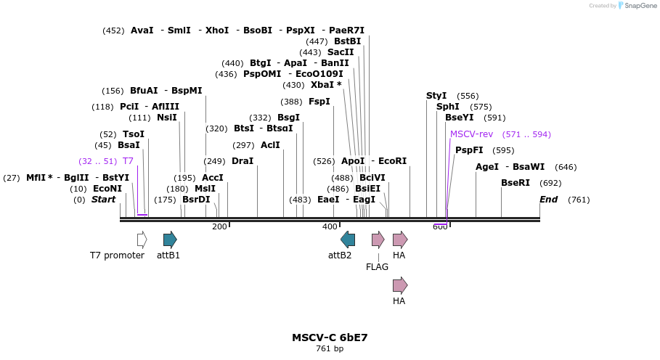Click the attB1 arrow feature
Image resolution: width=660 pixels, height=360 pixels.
point(170,240)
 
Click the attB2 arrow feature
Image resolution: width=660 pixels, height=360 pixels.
point(348,240)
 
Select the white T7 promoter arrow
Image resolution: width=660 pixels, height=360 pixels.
point(142,240)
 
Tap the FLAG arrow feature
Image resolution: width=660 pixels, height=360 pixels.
point(378,240)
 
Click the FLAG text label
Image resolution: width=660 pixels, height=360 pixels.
point(377,267)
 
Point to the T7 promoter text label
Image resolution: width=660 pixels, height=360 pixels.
point(117,255)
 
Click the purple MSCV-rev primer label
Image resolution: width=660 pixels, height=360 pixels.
point(471,134)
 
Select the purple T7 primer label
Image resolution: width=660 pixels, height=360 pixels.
point(128,161)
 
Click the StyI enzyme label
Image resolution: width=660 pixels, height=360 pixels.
point(436,96)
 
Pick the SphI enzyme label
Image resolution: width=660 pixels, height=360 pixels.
point(447,107)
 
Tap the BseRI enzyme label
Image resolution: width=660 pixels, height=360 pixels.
point(516,183)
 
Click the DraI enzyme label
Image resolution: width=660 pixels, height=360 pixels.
point(243,161)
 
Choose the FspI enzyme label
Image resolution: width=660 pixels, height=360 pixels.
point(319,102)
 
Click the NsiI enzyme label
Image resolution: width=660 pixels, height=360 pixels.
point(167,118)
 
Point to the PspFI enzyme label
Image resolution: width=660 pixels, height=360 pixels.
point(469,150)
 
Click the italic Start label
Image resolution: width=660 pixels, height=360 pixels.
point(103,200)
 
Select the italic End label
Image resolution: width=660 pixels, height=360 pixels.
point(549,200)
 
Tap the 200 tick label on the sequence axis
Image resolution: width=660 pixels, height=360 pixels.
point(219,227)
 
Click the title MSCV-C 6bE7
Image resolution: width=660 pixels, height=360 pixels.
point(330,337)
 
